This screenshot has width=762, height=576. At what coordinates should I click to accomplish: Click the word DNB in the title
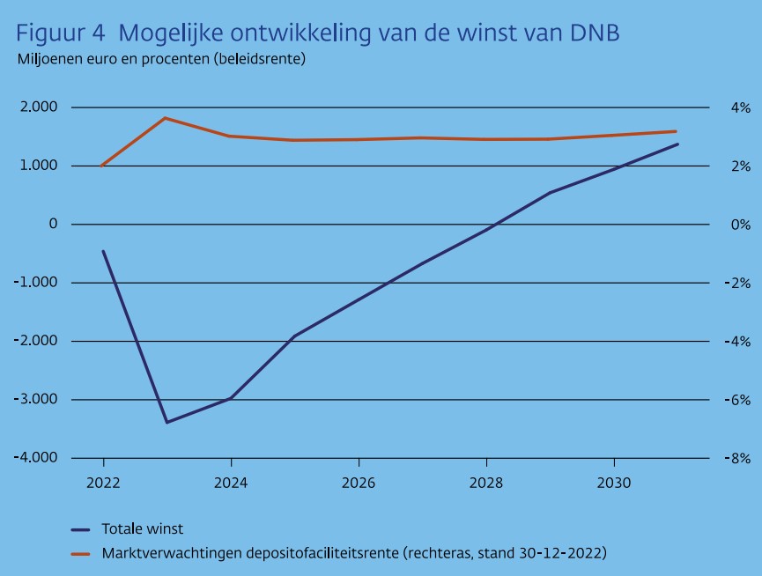592,33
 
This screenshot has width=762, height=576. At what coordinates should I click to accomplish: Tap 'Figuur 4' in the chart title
59,33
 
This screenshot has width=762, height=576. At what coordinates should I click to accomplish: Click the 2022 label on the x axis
103,484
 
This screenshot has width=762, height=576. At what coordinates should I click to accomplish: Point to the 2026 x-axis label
359,484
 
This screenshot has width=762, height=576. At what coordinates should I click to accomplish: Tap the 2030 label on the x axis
614,484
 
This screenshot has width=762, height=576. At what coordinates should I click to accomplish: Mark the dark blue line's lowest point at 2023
166,422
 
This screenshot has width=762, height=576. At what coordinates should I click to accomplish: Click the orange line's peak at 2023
166,118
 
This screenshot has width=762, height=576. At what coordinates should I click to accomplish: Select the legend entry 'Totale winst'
142,529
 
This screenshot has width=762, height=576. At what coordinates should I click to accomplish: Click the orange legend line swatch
81,554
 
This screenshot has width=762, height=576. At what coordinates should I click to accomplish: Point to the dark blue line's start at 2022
103,252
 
